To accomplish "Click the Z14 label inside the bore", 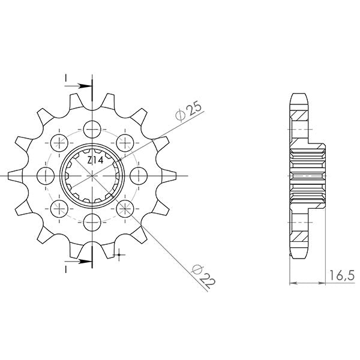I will tap(95, 160).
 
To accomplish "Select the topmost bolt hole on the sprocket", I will tap(92, 128).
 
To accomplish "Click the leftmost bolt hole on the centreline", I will tap(45, 175).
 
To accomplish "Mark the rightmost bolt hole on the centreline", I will tap(139, 175).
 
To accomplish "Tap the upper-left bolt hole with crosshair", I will tap(59, 142).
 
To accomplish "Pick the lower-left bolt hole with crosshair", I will tap(59, 208).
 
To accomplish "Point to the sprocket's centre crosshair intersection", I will tap(92, 175).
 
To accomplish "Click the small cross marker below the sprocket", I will tap(120, 256).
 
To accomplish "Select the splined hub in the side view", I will tap(308, 175).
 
